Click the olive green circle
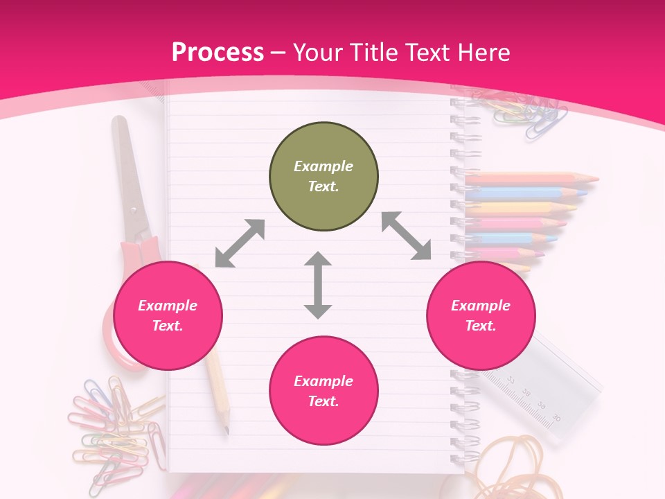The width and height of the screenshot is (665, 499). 323,176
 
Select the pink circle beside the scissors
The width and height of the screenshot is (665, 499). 168,315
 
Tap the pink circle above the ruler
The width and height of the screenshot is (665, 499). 480,315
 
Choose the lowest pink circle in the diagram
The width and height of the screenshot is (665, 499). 323,390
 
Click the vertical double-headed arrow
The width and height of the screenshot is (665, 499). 318,285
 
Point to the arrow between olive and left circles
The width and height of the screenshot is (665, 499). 240,243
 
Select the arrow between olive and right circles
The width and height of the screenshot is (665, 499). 406,236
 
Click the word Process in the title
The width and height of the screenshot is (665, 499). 218,52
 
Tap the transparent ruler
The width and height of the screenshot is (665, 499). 547,388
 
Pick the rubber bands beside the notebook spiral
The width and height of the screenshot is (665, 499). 509,464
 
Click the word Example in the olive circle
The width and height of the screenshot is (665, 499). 323,166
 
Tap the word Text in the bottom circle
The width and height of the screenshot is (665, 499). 323,401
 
